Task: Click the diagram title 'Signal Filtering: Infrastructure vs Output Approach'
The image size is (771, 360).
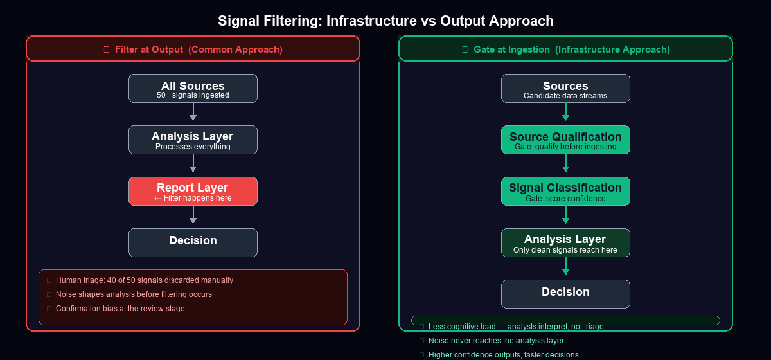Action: pos(385,21)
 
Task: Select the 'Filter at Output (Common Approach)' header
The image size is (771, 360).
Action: pos(193,49)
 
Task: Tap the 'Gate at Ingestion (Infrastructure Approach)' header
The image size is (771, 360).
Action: pos(565,49)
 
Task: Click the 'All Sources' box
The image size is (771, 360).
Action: pos(193,88)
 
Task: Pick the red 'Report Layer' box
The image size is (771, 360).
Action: pos(193,191)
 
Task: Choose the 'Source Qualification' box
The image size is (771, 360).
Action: pos(565,139)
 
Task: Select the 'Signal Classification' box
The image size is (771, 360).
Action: pos(565,191)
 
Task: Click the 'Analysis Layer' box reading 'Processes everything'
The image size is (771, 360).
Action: pos(193,139)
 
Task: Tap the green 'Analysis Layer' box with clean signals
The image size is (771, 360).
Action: pos(565,242)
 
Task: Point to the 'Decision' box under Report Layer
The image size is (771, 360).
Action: pos(193,242)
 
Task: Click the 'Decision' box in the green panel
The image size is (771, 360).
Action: pos(565,294)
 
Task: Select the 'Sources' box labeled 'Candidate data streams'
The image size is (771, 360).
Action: pos(565,88)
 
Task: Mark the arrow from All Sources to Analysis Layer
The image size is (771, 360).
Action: pos(193,113)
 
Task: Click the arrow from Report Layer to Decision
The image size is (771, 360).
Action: pos(193,215)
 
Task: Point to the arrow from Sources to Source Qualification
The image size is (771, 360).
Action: pos(565,113)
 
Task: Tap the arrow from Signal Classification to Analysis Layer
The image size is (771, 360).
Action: pos(565,215)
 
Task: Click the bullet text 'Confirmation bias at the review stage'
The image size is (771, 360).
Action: pos(120,309)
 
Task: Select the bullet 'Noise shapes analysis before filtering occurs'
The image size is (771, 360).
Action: pos(134,294)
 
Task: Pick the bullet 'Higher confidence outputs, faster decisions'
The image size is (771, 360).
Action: pos(503,355)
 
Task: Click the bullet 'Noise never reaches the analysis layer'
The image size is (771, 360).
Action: pos(496,341)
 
